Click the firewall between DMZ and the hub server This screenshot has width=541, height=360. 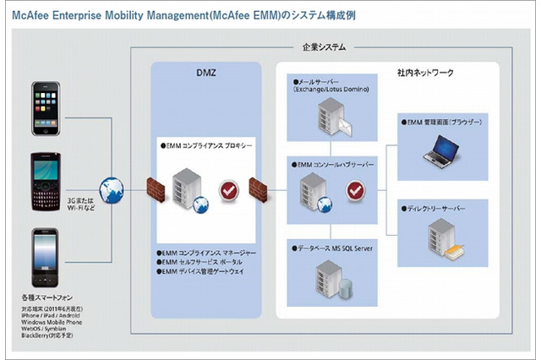[258, 188]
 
